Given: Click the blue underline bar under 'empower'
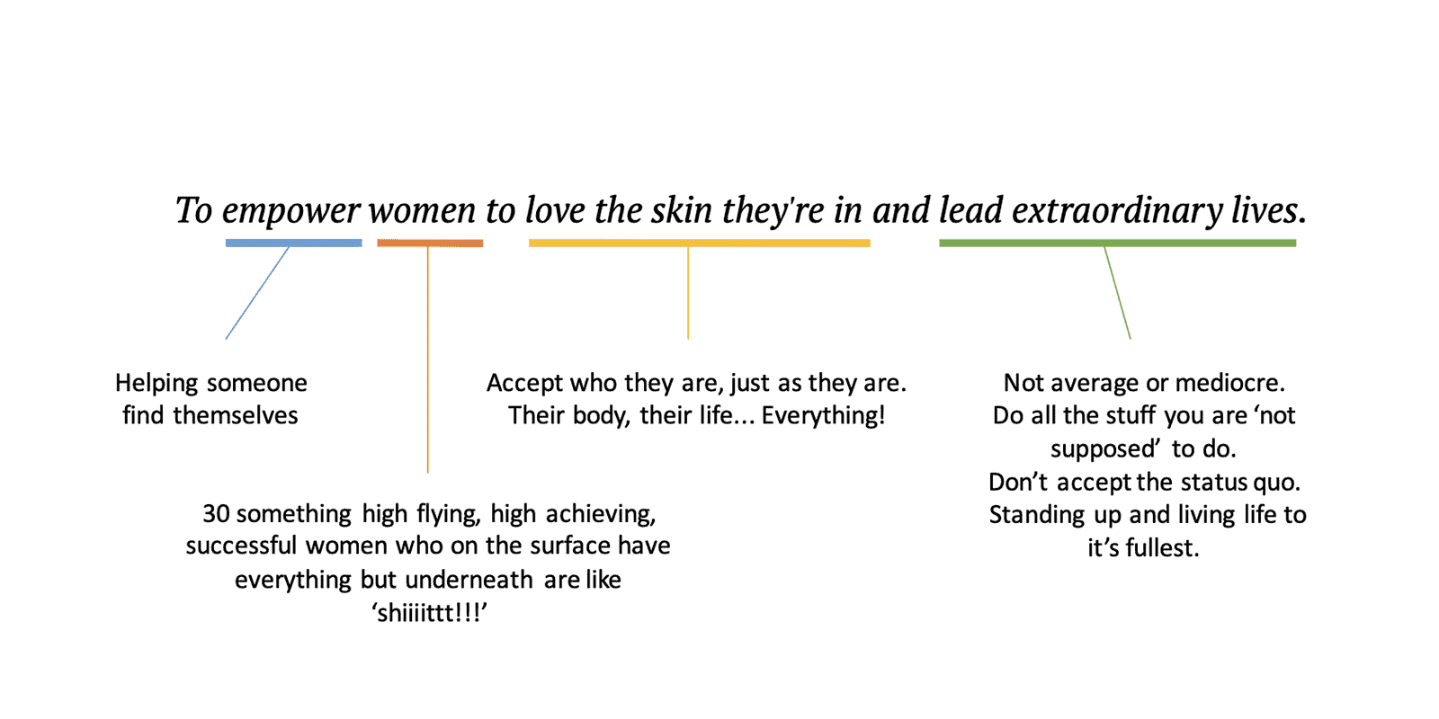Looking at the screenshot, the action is coord(293,244).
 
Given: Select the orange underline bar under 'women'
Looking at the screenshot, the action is coord(430,244).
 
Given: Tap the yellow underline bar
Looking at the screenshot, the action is coord(699,244).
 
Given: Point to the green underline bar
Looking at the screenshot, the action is coord(1117,244).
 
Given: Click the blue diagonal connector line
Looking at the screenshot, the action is coord(257,293).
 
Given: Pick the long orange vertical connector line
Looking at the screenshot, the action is coord(428,359).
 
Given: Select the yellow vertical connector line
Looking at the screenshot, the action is coord(688,293).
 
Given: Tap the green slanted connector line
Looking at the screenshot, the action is coord(1117,293).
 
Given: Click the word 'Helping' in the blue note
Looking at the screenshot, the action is coord(156,384).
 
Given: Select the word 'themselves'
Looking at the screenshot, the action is coord(235,415).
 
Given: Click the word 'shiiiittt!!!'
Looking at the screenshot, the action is coord(428,612).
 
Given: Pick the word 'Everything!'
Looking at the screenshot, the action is coord(823,416).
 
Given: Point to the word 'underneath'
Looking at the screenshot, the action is coord(469,580).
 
